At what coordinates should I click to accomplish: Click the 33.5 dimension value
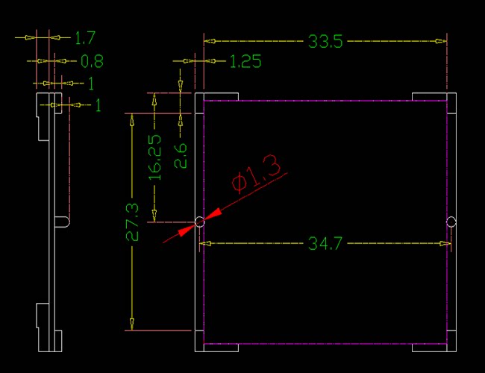click(325, 42)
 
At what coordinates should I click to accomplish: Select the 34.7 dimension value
click(325, 244)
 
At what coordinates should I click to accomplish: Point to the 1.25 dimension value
click(245, 62)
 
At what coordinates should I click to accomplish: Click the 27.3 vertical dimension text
click(133, 222)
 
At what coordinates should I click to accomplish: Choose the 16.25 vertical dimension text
click(155, 157)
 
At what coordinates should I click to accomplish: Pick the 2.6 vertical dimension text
click(180, 156)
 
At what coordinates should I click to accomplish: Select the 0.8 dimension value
click(92, 60)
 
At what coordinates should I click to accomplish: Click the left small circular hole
click(199, 222)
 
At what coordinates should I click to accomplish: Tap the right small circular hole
click(451, 222)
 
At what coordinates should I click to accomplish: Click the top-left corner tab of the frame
click(216, 96)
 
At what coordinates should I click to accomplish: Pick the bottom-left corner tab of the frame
click(216, 348)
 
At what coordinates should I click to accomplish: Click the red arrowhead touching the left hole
click(211, 216)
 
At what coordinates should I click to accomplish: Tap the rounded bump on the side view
click(65, 222)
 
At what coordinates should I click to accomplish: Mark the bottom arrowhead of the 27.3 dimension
click(132, 324)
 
